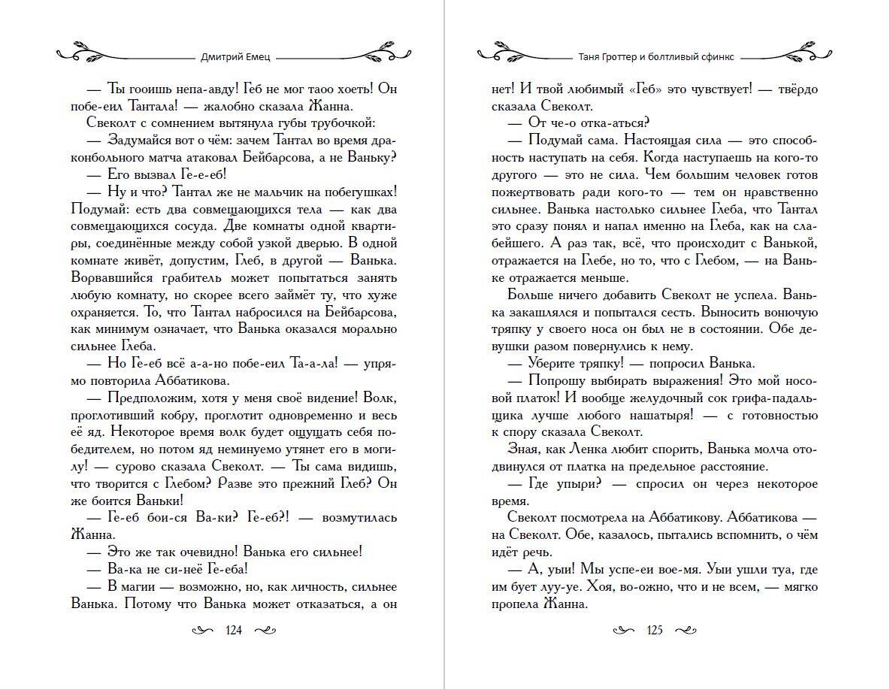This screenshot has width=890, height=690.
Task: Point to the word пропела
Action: [516, 604]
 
